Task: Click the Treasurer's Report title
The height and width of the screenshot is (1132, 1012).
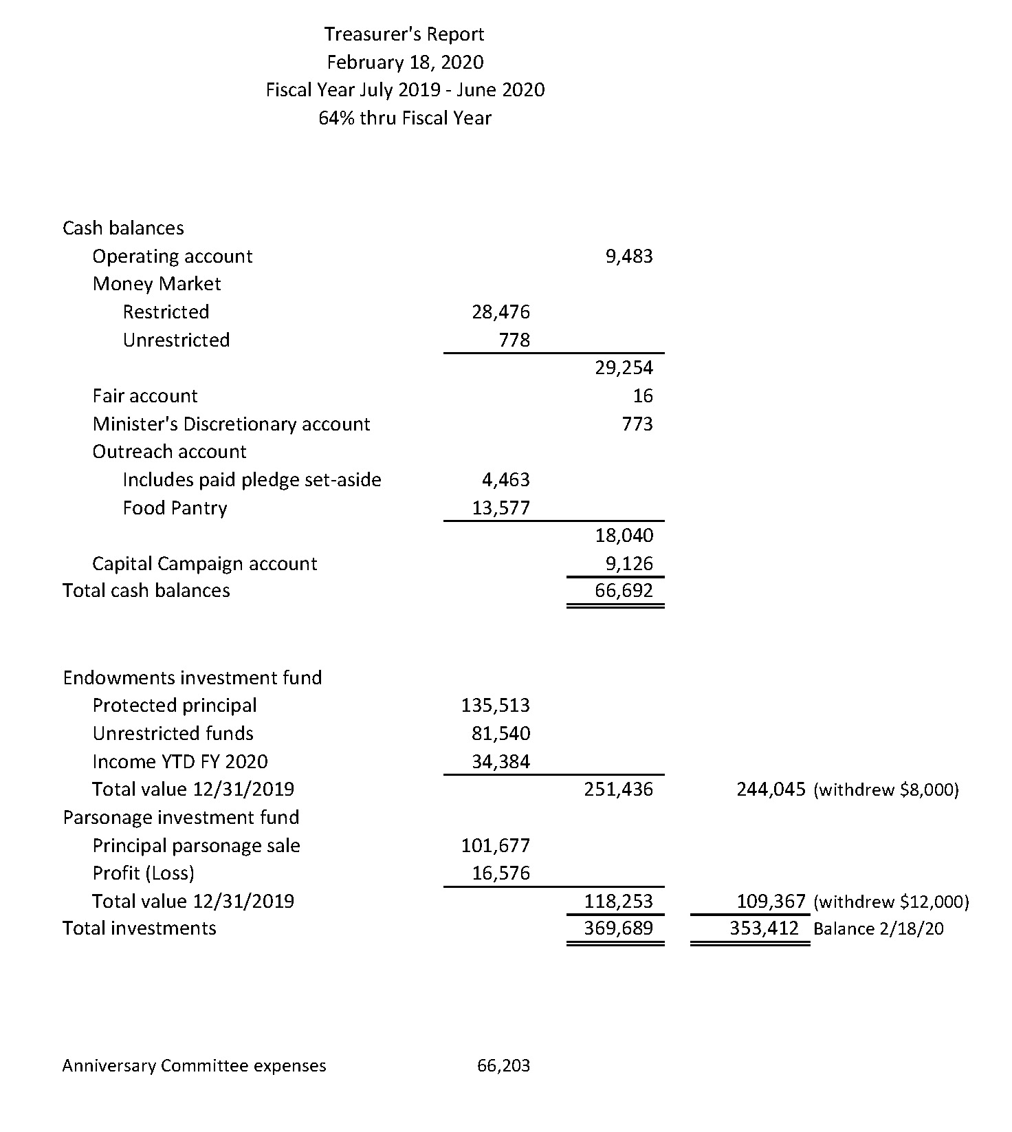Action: (x=404, y=34)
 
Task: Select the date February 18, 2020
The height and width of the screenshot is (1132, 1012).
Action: (x=405, y=63)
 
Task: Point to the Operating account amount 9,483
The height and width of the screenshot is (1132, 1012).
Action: (x=629, y=257)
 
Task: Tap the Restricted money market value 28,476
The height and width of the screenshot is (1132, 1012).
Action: (x=501, y=312)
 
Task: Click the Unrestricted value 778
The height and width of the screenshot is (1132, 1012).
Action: (x=515, y=340)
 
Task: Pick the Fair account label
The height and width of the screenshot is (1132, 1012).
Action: (x=145, y=396)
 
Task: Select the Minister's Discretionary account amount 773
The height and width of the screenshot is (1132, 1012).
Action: (x=637, y=424)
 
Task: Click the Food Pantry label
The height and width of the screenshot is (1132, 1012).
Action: (x=175, y=508)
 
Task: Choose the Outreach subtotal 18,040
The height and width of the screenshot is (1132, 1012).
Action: (x=624, y=536)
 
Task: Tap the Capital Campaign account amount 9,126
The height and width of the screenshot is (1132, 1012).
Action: (x=629, y=564)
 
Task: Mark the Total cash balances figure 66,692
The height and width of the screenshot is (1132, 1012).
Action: (x=624, y=591)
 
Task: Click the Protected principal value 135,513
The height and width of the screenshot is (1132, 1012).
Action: (x=496, y=706)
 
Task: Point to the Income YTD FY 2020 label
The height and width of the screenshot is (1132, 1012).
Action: (x=180, y=762)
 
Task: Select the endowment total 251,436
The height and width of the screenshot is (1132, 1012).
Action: (x=619, y=790)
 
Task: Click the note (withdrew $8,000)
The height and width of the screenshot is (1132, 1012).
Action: (x=886, y=790)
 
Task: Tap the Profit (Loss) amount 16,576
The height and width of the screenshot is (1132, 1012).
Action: (x=501, y=873)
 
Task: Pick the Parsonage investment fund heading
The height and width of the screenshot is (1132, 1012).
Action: (x=181, y=818)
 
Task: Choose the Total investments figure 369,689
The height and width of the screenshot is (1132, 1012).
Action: (x=619, y=928)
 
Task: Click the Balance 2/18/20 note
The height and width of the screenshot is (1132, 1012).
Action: (x=879, y=929)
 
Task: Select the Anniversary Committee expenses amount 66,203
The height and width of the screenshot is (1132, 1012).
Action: (x=504, y=1066)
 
